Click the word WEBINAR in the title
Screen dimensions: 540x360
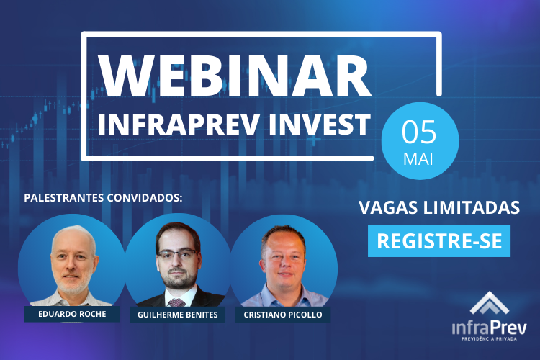tap(235, 74)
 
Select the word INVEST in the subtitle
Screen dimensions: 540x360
tap(319, 125)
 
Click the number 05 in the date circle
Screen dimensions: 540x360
tap(419, 132)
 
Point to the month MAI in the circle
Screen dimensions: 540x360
tap(418, 159)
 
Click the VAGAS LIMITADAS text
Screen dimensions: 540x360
tap(439, 207)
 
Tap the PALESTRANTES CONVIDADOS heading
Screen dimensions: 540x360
tap(103, 198)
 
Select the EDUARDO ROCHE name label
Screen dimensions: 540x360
tap(72, 314)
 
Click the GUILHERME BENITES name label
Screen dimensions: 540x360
tap(178, 315)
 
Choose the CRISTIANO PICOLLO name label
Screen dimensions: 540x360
tap(283, 315)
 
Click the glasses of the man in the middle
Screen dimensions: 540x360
tap(177, 255)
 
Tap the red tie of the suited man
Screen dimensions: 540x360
tap(177, 303)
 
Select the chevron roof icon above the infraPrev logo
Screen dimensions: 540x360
tap(489, 303)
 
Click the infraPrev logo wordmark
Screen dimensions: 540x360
tap(490, 328)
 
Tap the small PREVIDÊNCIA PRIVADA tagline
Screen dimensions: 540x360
tap(489, 339)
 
